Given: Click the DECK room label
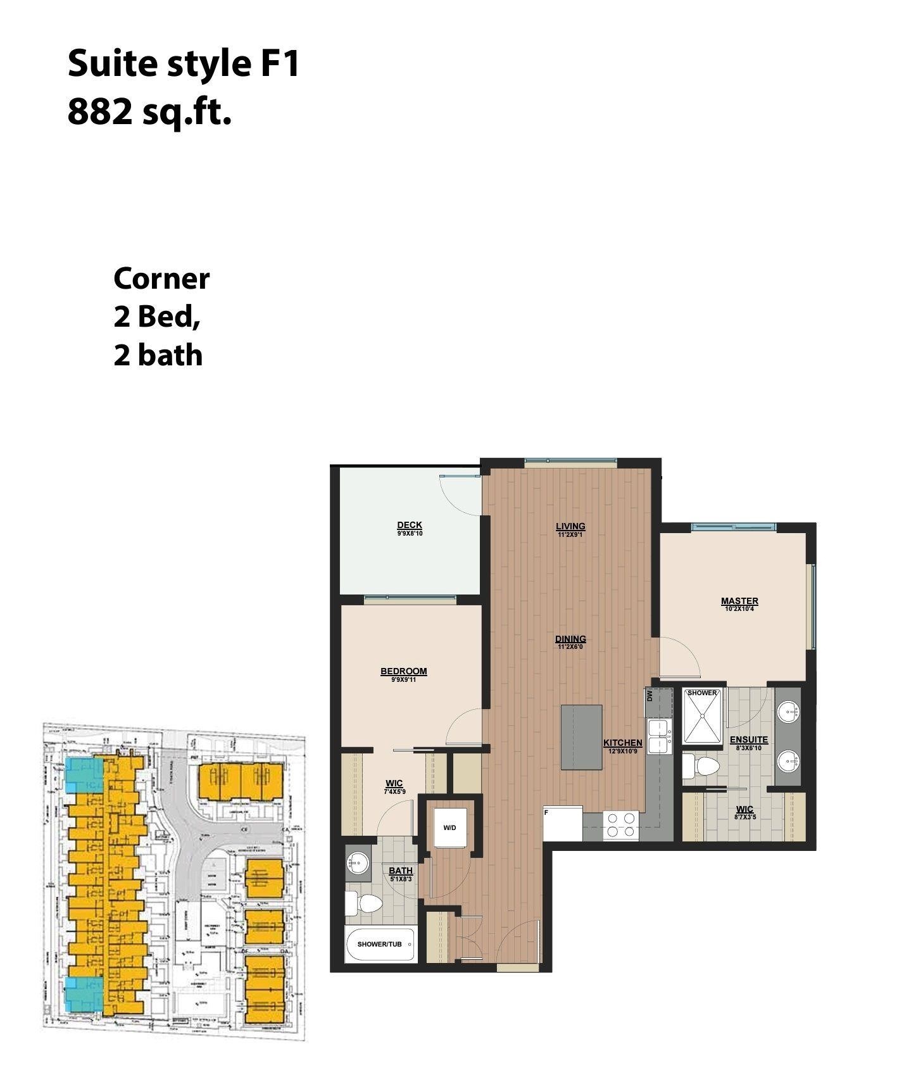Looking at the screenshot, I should tap(409, 526).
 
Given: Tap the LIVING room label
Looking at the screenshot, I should tap(570, 527).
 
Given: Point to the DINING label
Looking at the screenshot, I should tap(570, 639).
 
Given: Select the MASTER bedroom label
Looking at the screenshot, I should tap(739, 601).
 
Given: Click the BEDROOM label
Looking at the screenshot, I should tap(403, 672).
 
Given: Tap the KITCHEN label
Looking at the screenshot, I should tap(622, 743).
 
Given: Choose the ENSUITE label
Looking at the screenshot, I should tap(748, 740).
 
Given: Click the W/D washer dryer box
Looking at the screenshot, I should tap(449, 827).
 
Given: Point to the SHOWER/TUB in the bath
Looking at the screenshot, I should tap(380, 944).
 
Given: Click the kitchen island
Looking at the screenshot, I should tap(581, 737).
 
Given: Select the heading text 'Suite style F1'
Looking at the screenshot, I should tap(183, 64).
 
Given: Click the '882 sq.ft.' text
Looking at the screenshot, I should tap(149, 112).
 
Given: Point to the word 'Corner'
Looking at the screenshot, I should tap(161, 279).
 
